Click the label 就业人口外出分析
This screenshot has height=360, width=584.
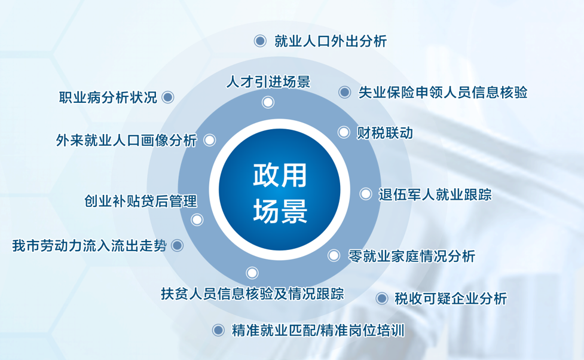pyautogui.click(x=331, y=41)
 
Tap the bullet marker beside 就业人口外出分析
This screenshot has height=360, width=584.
pyautogui.click(x=260, y=41)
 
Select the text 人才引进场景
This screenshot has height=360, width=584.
pyautogui.click(x=268, y=81)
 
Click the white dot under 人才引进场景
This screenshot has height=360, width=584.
pyautogui.click(x=268, y=102)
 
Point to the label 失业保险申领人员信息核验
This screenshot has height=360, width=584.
pyautogui.click(x=443, y=93)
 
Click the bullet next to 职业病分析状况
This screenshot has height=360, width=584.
pyautogui.click(x=168, y=97)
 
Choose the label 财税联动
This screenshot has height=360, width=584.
pyautogui.click(x=385, y=133)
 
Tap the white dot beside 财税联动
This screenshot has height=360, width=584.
pyautogui.click(x=344, y=132)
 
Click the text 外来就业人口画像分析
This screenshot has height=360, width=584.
pyautogui.click(x=126, y=141)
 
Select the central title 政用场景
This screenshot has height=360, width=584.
pyautogui.click(x=280, y=193)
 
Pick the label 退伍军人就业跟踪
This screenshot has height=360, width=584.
pyautogui.click(x=435, y=194)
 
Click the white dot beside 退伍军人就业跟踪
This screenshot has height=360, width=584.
pyautogui.click(x=366, y=194)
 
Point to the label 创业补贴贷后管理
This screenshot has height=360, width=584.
pyautogui.click(x=141, y=202)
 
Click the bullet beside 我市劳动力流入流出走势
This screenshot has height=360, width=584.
pyautogui.click(x=178, y=246)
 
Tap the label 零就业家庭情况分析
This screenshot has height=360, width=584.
pyautogui.click(x=412, y=256)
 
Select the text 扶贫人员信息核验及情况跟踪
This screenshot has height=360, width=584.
pyautogui.click(x=252, y=294)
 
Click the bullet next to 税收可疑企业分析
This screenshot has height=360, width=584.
pyautogui.click(x=382, y=298)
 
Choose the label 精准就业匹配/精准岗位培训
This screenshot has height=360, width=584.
pyautogui.click(x=317, y=331)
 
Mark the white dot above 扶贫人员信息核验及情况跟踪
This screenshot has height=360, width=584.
pyautogui.click(x=252, y=273)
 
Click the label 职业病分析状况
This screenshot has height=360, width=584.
pyautogui.click(x=108, y=97)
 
